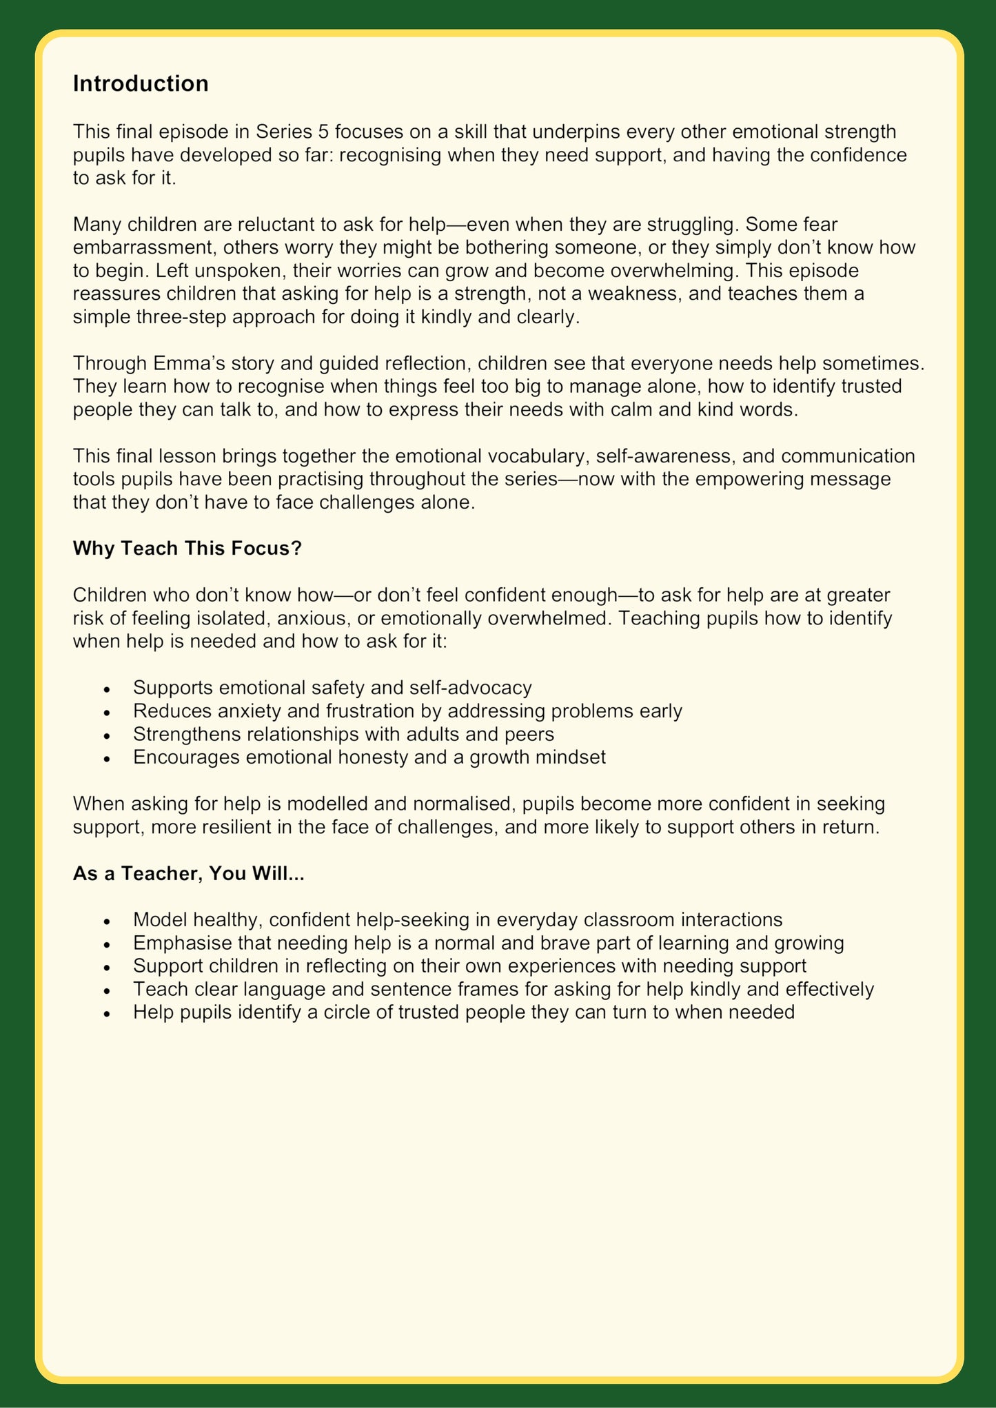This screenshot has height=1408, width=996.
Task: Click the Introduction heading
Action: (141, 83)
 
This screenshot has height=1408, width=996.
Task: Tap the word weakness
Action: (602, 294)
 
